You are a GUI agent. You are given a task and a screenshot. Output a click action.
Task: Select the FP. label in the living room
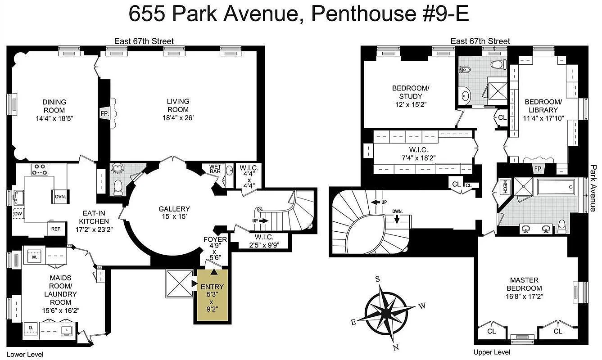[x=104, y=114]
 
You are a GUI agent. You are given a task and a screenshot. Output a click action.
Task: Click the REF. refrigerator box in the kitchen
[x=56, y=229]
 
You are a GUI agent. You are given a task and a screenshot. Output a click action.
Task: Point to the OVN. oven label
[x=60, y=197]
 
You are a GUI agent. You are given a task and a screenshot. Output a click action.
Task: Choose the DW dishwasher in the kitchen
[x=18, y=214]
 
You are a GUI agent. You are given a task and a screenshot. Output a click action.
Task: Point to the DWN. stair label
[x=397, y=211]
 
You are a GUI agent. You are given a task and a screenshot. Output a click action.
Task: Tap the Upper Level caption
[x=492, y=352]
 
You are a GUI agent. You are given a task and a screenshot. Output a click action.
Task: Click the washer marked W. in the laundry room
[x=34, y=257]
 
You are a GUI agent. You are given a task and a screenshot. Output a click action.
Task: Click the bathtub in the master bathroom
[x=556, y=186]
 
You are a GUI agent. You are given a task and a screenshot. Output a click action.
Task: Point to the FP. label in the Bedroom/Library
[x=538, y=169]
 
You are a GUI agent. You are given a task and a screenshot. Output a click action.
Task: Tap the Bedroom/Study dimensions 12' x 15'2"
[x=410, y=104]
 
